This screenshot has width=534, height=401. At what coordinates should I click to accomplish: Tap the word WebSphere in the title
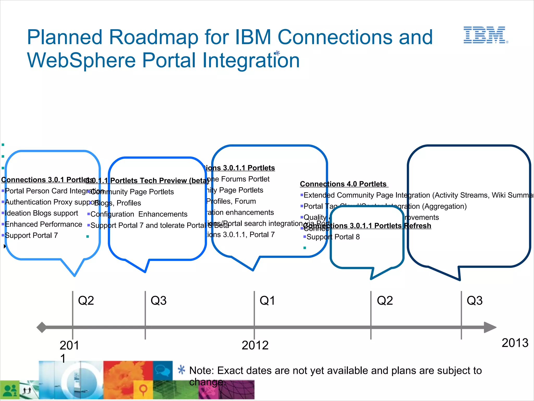(x=82, y=60)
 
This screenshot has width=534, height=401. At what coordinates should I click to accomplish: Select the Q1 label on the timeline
(x=267, y=300)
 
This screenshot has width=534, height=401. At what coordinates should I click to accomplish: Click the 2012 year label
(x=255, y=345)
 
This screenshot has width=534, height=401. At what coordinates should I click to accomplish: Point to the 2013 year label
(x=515, y=343)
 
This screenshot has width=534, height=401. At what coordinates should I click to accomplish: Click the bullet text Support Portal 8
(x=333, y=237)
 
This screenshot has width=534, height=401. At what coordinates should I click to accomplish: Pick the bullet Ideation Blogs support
(x=41, y=213)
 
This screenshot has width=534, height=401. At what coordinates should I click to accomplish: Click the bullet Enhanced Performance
(x=43, y=224)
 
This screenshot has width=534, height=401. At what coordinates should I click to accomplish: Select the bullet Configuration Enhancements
(x=139, y=214)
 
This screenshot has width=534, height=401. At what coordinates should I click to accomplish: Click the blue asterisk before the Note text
(x=181, y=370)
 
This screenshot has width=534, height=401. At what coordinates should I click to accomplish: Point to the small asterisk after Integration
(x=277, y=53)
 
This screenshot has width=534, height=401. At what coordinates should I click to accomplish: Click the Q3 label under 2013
(x=475, y=300)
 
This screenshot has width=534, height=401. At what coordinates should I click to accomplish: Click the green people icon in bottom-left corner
(x=10, y=391)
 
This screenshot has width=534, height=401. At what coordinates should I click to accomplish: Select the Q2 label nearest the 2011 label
(x=86, y=300)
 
